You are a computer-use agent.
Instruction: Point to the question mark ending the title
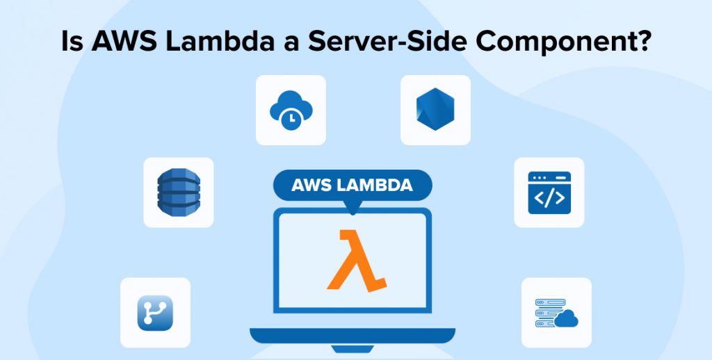coord(643,41)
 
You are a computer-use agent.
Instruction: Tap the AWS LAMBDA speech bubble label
coord(352,186)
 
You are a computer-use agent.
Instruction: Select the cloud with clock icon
coord(291,110)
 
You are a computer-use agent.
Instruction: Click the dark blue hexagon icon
coord(435,110)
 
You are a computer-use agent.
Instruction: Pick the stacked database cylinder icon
coord(178,192)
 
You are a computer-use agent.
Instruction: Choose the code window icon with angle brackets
coord(549,192)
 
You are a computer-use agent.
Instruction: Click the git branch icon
coord(155,312)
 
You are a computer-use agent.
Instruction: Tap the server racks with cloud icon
coord(556,312)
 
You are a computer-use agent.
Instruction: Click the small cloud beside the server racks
coord(567,318)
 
